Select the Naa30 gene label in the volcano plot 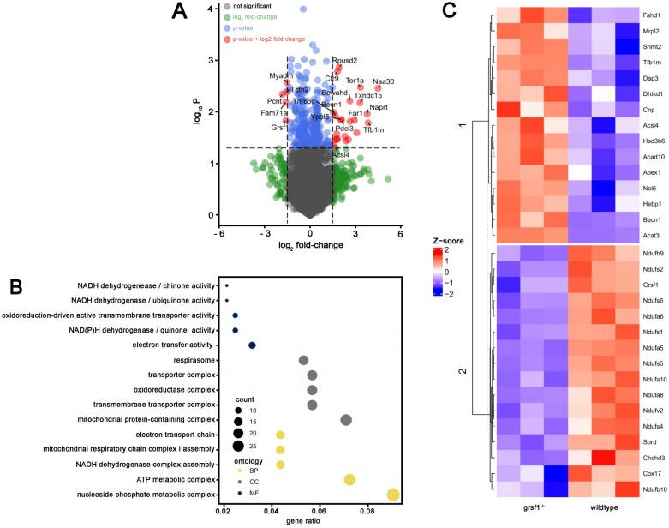pyautogui.click(x=384, y=81)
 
